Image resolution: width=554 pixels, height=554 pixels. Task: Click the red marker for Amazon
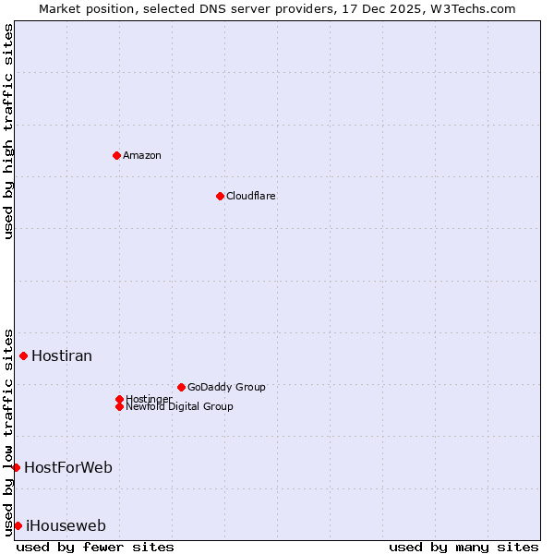(x=116, y=155)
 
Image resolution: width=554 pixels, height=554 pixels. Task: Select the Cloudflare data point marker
(x=220, y=196)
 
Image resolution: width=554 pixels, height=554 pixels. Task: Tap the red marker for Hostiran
(x=23, y=355)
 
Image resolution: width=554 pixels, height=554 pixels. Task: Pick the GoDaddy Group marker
(x=181, y=387)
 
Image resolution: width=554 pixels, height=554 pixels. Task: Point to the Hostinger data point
(x=119, y=399)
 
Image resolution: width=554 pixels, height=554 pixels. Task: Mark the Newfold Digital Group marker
(x=119, y=406)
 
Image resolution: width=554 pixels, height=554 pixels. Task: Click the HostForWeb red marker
(x=16, y=467)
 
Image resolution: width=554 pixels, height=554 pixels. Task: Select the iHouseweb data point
(x=18, y=525)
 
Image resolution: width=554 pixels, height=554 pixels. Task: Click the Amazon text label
(x=142, y=155)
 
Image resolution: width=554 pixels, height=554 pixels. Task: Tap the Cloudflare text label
(x=251, y=196)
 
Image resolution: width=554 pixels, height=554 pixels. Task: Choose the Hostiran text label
(x=62, y=355)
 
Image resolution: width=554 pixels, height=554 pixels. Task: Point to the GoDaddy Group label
(x=226, y=387)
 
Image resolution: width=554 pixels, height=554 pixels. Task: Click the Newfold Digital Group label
(x=180, y=406)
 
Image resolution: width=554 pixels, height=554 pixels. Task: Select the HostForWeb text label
(x=68, y=467)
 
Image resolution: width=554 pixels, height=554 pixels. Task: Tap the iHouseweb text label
(x=66, y=526)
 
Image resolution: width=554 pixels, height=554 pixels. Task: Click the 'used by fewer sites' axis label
(x=95, y=547)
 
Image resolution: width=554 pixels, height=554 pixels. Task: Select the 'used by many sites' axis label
(x=464, y=547)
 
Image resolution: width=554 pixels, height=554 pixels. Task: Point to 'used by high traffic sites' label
(x=8, y=131)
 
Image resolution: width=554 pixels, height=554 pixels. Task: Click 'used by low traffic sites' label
(x=8, y=431)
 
